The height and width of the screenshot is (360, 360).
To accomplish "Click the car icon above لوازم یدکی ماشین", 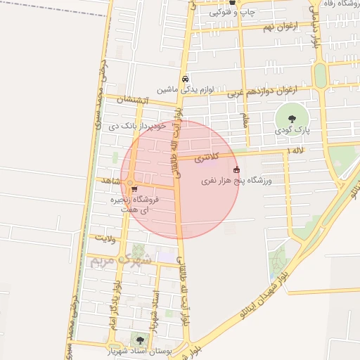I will (185, 79).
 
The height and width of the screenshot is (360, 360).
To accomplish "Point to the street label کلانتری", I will (206, 157).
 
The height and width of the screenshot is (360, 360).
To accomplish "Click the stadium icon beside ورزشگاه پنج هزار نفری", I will (236, 169).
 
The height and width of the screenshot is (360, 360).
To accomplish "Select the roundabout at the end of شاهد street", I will (130, 185).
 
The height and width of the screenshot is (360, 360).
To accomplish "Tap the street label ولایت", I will (105, 238).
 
